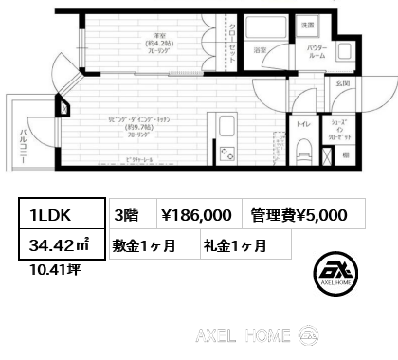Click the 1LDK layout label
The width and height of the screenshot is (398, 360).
coord(43,213)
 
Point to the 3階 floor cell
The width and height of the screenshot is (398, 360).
coord(126,214)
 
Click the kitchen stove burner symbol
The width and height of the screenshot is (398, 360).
coord(227,153)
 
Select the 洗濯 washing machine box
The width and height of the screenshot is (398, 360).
coord(308,24)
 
